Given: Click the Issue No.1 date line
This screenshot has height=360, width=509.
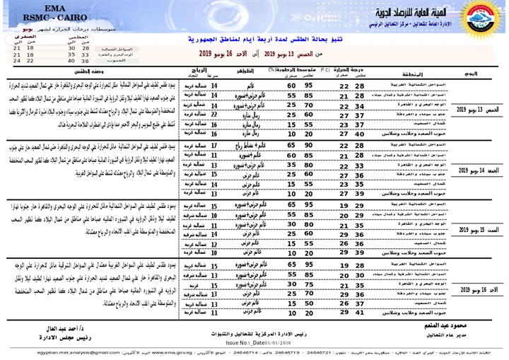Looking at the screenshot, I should (x=252, y=342).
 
